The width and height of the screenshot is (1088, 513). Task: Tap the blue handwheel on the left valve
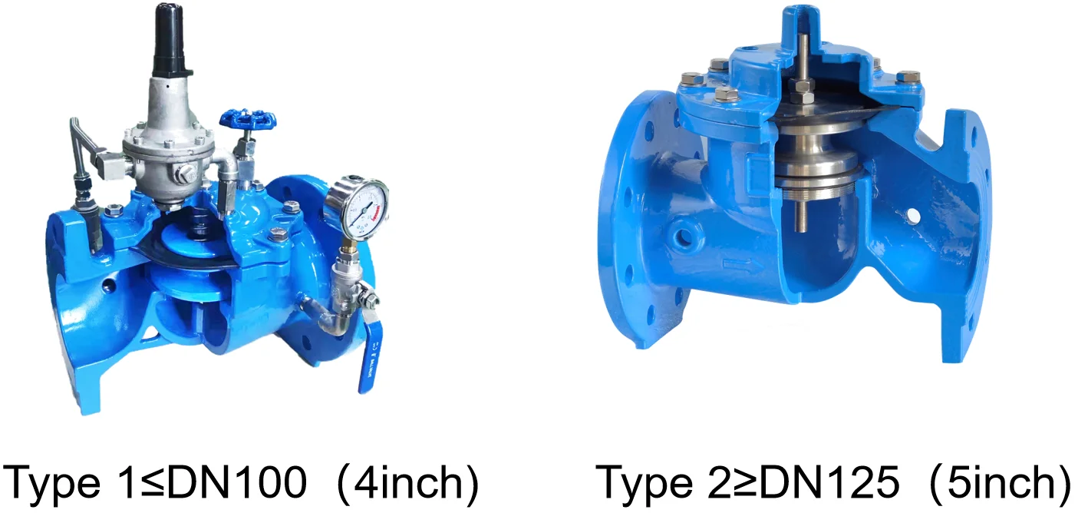pos(247,120)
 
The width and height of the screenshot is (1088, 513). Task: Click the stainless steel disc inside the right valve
pos(813,164)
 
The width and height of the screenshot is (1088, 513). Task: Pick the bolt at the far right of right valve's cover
pos(908,78)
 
